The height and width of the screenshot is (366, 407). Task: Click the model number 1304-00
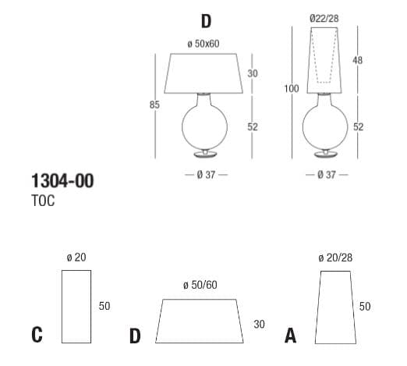62,181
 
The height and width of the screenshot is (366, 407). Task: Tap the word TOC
44,201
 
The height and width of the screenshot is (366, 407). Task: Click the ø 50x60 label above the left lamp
203,43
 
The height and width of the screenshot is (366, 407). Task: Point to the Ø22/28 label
323,17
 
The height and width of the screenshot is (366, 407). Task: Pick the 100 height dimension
292,89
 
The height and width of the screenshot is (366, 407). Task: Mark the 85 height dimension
154,104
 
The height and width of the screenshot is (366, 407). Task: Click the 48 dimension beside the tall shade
357,60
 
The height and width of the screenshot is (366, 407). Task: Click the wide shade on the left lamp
204,73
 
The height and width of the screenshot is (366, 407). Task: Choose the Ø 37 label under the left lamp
206,174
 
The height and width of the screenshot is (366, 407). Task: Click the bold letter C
37,336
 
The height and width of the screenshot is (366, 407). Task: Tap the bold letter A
291,336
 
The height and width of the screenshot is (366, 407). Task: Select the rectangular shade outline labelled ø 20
76,306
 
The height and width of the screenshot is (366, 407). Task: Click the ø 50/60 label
200,286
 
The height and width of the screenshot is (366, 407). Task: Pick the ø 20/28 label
335,258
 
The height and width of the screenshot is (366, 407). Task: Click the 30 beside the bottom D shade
259,324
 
